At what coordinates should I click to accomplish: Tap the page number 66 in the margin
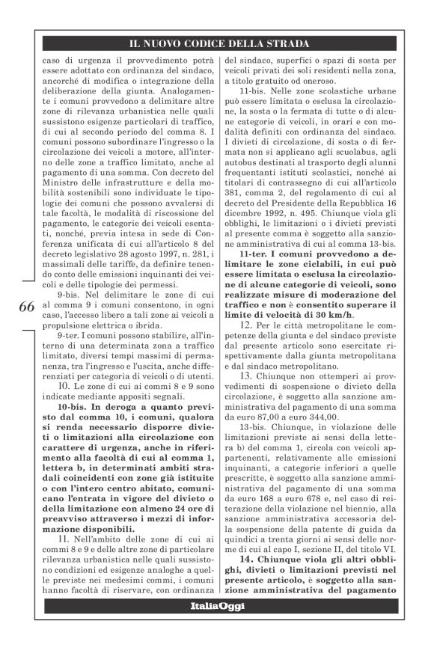coord(24,307)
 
